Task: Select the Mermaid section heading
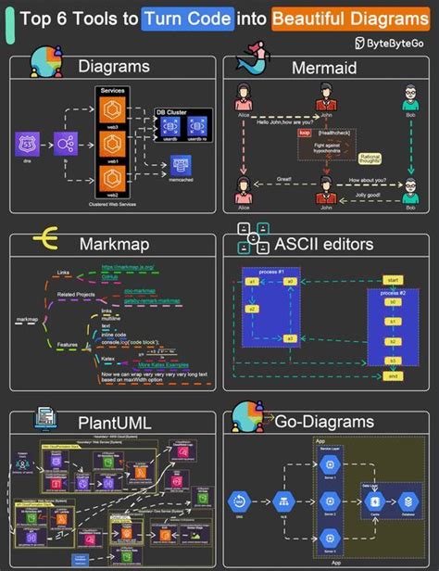coord(323,68)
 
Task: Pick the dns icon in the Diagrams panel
coord(27,145)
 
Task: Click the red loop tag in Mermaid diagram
coord(304,133)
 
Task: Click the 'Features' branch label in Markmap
coord(69,344)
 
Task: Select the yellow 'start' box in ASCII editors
coord(393,279)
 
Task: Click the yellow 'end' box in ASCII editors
coord(393,376)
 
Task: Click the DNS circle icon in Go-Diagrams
coord(238,501)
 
